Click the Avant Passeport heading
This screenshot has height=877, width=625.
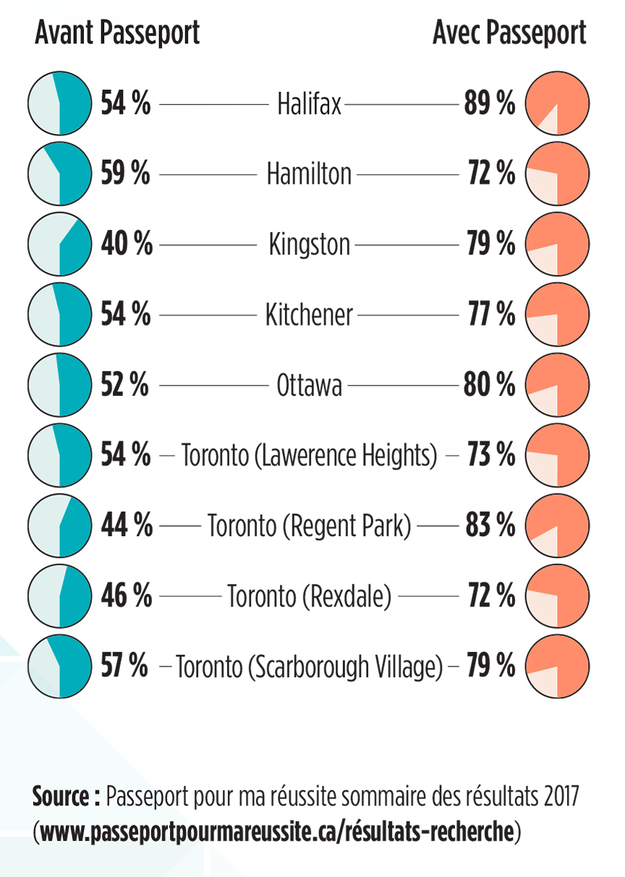[x=117, y=33]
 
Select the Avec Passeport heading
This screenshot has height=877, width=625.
[x=509, y=33]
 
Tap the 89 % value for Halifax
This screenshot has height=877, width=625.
[x=490, y=105]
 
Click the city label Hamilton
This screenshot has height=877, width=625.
[x=309, y=174]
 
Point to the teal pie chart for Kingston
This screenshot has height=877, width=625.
[x=59, y=245]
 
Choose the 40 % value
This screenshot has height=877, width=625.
[x=126, y=245]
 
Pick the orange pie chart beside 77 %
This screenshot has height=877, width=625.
[x=558, y=315]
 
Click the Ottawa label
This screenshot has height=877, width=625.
[x=310, y=386]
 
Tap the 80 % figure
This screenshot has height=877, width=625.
[x=490, y=385]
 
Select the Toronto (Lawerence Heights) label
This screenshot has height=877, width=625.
[x=310, y=457]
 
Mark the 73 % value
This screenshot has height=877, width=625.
[x=491, y=456]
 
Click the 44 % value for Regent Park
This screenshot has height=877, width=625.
[x=126, y=526]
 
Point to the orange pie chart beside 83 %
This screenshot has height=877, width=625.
[x=558, y=526]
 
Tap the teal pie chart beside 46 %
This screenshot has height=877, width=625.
[x=59, y=596]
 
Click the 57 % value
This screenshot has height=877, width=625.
[x=124, y=666]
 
